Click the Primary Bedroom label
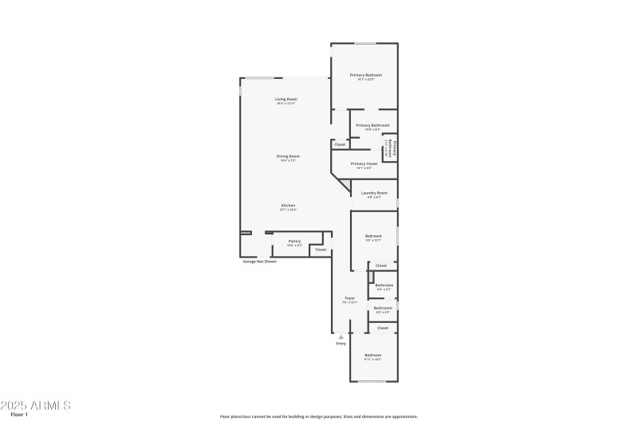365,75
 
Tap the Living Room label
286,99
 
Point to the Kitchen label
288,205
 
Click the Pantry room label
294,241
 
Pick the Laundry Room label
374,193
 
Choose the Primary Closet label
364,163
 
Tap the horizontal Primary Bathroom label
372,125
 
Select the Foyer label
349,298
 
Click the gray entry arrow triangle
341,337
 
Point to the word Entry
341,344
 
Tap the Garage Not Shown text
260,262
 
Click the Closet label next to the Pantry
321,250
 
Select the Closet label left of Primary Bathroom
340,144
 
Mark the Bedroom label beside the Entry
373,355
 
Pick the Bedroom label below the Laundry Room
373,236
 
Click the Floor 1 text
19,415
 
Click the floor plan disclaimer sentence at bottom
318,416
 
